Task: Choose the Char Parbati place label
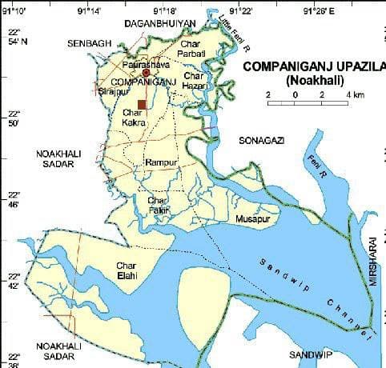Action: pos(193,47)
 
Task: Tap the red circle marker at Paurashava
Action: pos(146,73)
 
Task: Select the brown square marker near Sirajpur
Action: pos(142,104)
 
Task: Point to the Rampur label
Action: pos(160,162)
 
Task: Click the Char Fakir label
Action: pos(158,204)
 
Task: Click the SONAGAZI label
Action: pos(262,140)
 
